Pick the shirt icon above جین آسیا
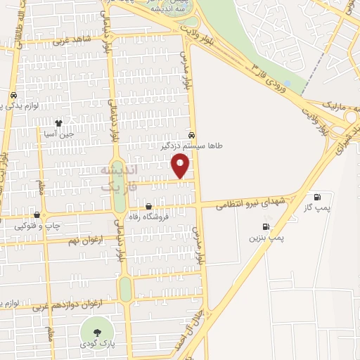click(68, 122)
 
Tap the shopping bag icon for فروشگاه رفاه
click(148, 206)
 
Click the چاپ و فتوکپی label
click(37, 226)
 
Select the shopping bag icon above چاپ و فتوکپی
click(37, 214)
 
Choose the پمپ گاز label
click(317, 209)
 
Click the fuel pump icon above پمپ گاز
click(317, 197)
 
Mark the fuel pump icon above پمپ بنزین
click(265, 226)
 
